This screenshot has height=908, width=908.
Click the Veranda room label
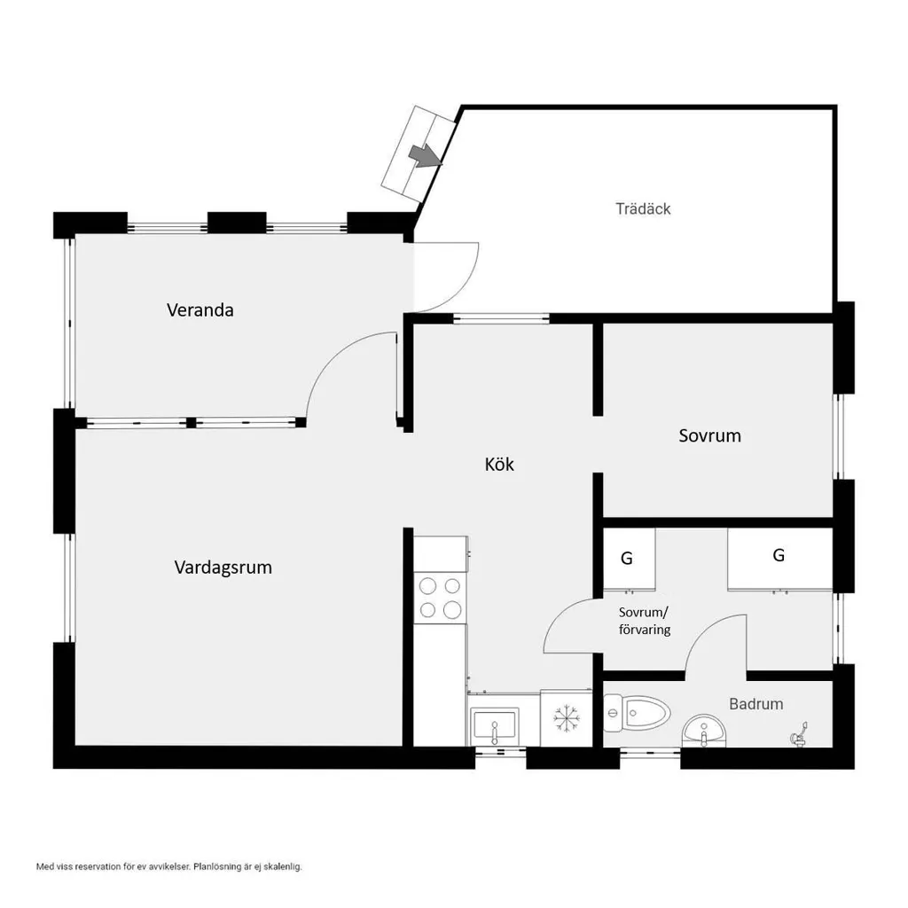tap(200, 310)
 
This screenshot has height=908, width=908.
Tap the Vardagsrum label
tap(223, 567)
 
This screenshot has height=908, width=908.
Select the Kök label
tap(499, 464)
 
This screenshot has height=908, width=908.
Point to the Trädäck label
tap(643, 208)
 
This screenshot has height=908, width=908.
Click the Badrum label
tap(755, 703)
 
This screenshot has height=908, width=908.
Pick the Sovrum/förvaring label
tap(645, 621)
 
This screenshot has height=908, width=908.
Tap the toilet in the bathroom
tap(637, 712)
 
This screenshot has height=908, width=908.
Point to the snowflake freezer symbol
tap(567, 718)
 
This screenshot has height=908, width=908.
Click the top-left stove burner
tap(427, 586)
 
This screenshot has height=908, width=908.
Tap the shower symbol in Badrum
tap(799, 734)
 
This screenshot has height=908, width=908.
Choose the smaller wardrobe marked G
tap(629, 559)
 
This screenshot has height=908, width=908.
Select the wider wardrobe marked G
tap(779, 558)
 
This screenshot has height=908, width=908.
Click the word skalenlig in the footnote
tap(283, 867)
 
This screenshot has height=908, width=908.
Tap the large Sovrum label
tap(709, 435)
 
